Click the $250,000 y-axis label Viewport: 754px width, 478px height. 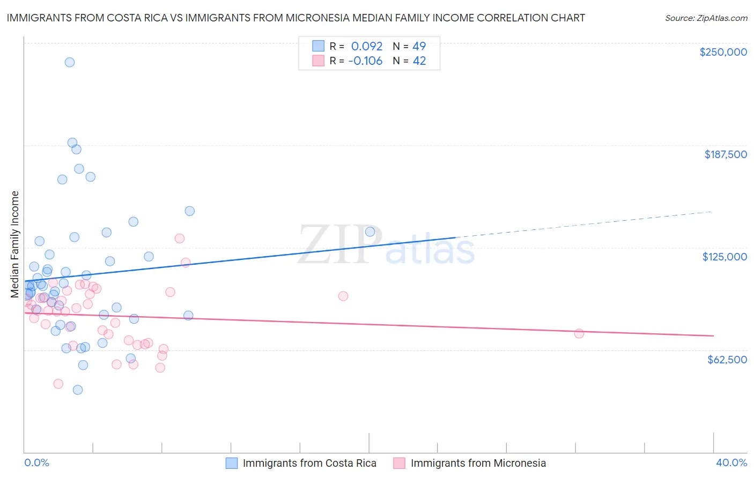723,52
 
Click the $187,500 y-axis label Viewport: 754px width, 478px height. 725,154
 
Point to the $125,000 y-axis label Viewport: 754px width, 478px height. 725,257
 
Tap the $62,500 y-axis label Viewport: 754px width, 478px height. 727,360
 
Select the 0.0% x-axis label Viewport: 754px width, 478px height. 36,462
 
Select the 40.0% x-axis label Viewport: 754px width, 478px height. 731,462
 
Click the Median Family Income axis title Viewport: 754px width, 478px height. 15,244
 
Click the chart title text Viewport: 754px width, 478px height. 295,18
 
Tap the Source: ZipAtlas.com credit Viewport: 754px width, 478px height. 706,18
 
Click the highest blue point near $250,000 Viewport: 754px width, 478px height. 70,62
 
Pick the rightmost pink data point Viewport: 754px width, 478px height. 579,333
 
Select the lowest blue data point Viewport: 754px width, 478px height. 78,390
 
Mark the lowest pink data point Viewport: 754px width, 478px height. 58,384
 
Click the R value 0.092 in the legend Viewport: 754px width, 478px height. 367,46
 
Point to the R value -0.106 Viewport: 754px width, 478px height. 365,61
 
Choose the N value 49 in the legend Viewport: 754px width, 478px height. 419,46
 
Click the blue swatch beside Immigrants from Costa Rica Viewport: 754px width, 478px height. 232,463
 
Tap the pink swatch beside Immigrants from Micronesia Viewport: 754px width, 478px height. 399,463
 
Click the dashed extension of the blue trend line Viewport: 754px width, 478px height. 585,224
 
